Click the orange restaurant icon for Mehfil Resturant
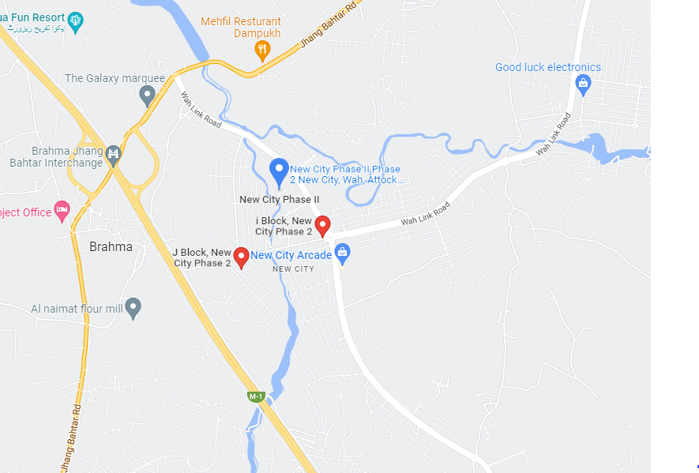262,51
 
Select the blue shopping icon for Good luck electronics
584,84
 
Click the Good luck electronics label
547,67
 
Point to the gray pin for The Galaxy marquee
147,96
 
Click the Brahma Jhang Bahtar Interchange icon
113,152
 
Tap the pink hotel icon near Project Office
62,211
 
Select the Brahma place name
111,246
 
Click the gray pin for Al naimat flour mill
133,307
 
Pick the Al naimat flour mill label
77,309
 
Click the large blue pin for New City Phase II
279,171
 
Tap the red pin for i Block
322,225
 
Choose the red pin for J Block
242,257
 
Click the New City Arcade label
291,255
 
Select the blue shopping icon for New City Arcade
342,253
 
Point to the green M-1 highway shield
255,396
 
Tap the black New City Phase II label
280,200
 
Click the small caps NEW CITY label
293,269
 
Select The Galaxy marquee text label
115,78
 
